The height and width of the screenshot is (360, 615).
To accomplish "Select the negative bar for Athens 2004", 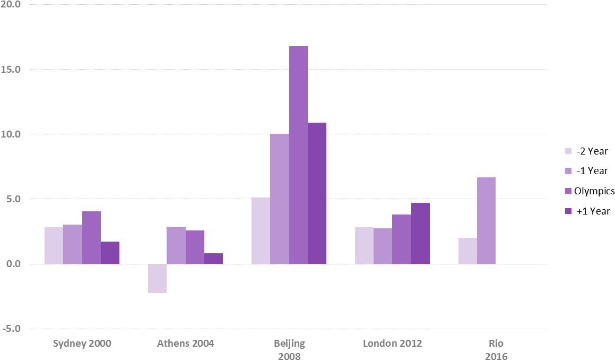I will [x=157, y=278].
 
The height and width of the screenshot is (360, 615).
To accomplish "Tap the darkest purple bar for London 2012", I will [x=420, y=233].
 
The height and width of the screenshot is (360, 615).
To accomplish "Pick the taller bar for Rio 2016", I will [x=486, y=220].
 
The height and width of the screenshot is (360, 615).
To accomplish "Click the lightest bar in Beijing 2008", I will [x=261, y=230].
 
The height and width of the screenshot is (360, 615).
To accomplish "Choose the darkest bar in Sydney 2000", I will [x=110, y=253].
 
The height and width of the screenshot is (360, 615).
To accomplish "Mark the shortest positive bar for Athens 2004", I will [x=213, y=259].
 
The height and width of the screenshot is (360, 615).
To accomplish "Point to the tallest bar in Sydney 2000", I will [x=91, y=237].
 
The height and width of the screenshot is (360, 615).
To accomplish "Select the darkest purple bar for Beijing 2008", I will [x=317, y=193].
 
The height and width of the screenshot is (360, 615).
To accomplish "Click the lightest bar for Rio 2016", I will [x=467, y=251].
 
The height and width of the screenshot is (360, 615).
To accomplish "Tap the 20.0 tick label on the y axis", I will [x=11, y=5].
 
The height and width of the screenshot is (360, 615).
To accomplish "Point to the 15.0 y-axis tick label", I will [x=11, y=70].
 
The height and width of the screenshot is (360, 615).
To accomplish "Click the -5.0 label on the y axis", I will [x=11, y=329].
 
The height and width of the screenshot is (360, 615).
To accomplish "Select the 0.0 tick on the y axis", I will [x=12, y=264].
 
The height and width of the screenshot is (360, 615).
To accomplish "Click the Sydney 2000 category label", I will [x=82, y=344].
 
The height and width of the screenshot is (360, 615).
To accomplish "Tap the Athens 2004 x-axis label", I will [x=186, y=344].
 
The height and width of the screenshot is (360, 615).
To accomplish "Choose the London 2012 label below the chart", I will [x=393, y=344].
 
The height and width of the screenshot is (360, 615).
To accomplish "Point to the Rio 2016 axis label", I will [x=496, y=349].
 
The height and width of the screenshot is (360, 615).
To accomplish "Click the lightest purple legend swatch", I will [x=568, y=151].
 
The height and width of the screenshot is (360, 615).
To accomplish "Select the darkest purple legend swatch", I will [x=568, y=211].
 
